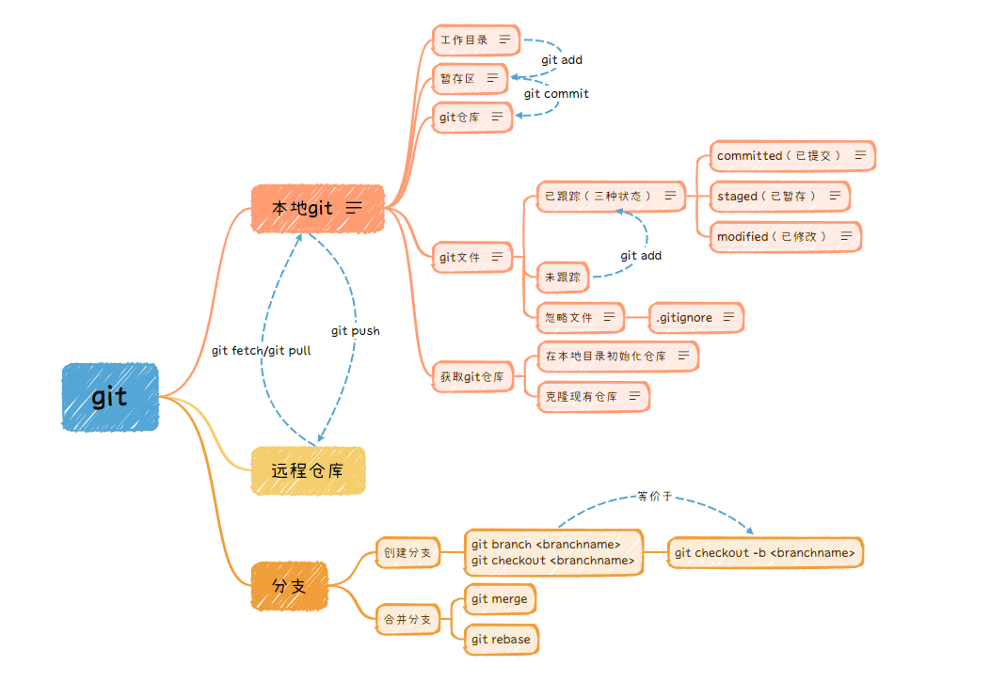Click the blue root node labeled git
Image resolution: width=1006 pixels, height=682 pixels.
tap(110, 397)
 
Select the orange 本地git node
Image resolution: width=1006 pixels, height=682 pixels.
tap(318, 208)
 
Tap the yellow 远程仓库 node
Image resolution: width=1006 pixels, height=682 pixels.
tap(308, 470)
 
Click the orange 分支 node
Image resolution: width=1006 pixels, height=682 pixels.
tap(289, 585)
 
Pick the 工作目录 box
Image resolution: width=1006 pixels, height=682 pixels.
tap(475, 40)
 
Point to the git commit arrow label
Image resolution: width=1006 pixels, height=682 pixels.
tap(556, 93)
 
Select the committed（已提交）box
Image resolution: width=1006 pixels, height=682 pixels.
tap(791, 155)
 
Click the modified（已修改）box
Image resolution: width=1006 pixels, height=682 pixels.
tap(785, 236)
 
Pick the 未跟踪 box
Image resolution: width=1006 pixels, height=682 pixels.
tap(562, 278)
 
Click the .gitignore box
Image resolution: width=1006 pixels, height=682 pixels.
tap(695, 318)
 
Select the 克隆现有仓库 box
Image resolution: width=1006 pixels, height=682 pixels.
tap(593, 397)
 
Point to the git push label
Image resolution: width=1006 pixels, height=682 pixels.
tap(356, 331)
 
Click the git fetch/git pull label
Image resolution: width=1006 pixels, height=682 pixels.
tap(261, 350)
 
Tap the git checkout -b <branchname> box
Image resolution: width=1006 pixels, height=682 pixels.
tap(765, 552)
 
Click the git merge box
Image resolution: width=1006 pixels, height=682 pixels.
tap(500, 599)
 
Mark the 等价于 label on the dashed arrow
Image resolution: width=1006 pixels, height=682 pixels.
tap(655, 496)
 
